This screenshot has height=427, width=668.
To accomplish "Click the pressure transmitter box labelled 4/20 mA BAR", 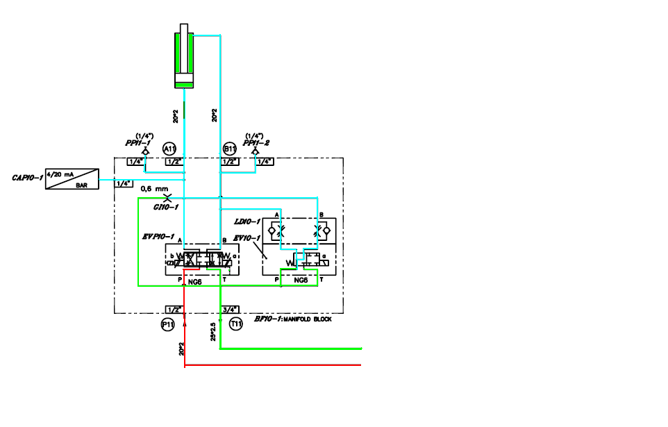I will [72, 178].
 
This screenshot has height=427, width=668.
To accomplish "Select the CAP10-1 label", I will [28, 178].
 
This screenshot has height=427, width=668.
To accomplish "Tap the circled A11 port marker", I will [169, 149].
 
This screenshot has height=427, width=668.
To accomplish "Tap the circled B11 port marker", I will [229, 149].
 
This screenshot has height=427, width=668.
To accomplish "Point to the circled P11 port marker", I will [167, 324].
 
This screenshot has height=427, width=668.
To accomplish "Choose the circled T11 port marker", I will [236, 324].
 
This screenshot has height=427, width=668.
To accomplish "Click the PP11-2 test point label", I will [257, 142].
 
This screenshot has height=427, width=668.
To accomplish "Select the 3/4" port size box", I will [230, 310].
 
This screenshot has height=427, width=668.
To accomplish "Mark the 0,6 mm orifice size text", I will [154, 188].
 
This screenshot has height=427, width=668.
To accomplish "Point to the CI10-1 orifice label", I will [166, 206].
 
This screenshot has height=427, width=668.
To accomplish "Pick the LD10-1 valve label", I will [248, 221].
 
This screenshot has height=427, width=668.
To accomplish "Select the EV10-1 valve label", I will [247, 238].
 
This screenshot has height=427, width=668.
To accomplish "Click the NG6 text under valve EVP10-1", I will [194, 281].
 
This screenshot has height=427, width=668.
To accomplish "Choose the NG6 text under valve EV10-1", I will [301, 281].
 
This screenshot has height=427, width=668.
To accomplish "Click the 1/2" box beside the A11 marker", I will [174, 162].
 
